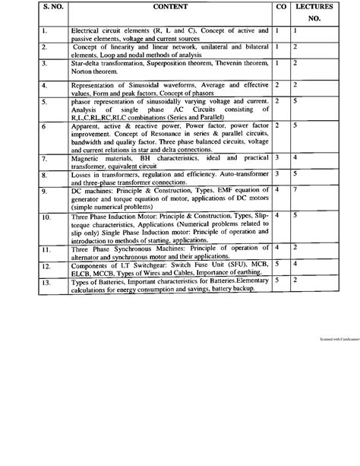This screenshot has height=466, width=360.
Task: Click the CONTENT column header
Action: [x=170, y=6]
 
